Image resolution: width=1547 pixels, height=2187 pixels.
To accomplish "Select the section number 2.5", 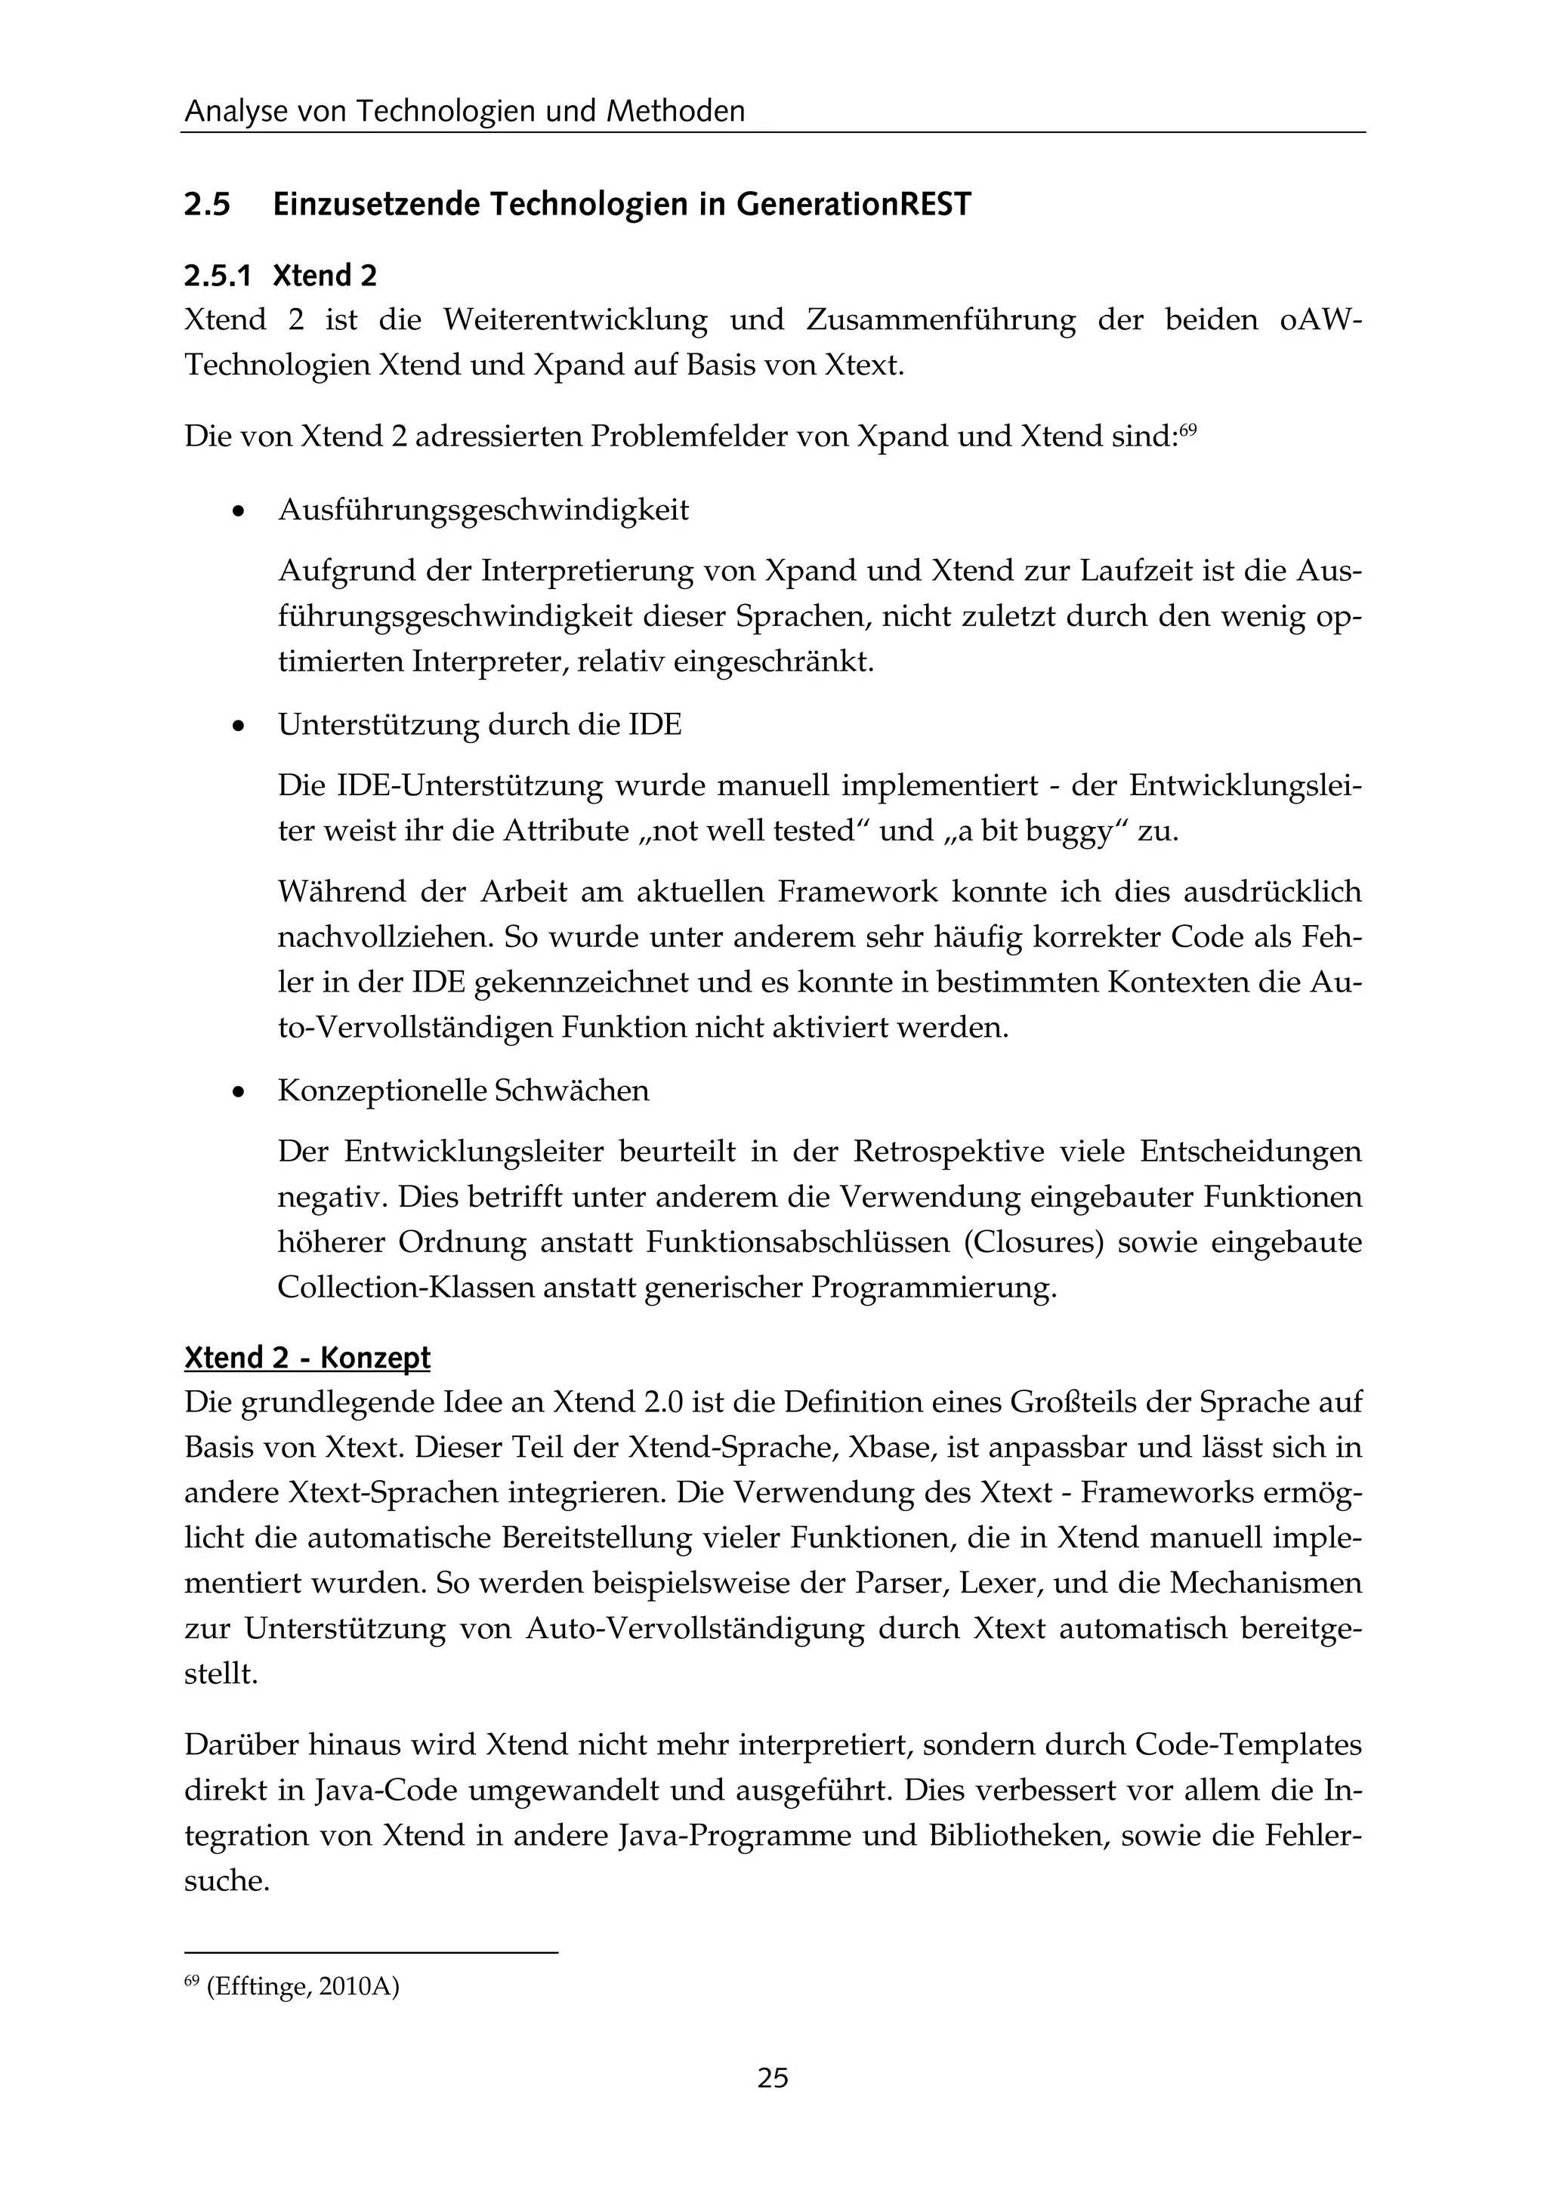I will click(208, 205).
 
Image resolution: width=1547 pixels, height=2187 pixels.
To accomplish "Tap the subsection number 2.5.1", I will click(218, 276).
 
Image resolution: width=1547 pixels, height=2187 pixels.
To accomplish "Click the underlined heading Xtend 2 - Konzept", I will click(307, 1357).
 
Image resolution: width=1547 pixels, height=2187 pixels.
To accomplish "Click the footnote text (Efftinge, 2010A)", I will click(302, 1988).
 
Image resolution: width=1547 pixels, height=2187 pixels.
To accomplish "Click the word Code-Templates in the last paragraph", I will click(1249, 1745).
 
